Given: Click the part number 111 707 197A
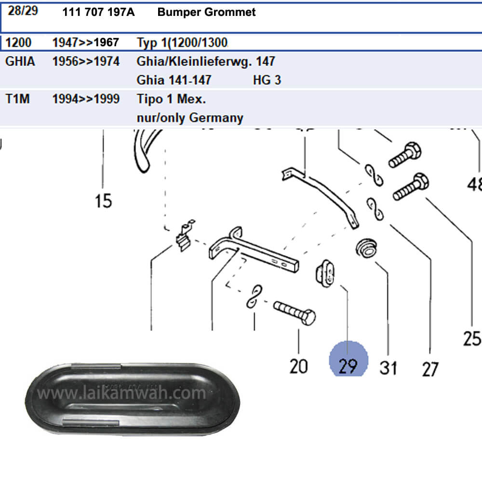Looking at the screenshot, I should pyautogui.click(x=98, y=13).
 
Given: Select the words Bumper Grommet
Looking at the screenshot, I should pyautogui.click(x=206, y=13).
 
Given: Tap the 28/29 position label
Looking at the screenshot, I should pyautogui.click(x=23, y=11).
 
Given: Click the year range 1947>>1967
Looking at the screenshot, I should pyautogui.click(x=85, y=42).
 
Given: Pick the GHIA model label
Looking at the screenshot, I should pyautogui.click(x=20, y=62).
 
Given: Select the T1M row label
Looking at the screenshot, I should pyautogui.click(x=17, y=99).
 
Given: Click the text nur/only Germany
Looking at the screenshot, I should pyautogui.click(x=190, y=118).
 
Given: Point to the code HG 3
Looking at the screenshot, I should pyautogui.click(x=267, y=80).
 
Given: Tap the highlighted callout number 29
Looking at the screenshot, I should pyautogui.click(x=348, y=366).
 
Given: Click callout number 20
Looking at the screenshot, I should pyautogui.click(x=298, y=366).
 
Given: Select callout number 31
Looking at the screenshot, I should pyautogui.click(x=388, y=368).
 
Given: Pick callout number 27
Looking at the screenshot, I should pyautogui.click(x=430, y=369).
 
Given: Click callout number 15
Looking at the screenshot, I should pyautogui.click(x=103, y=200).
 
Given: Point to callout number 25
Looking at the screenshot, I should pyautogui.click(x=472, y=339).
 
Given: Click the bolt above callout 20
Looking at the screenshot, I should pyautogui.click(x=295, y=312).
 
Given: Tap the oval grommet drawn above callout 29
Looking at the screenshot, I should pyautogui.click(x=324, y=273).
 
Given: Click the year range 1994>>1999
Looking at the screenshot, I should pyautogui.click(x=85, y=99).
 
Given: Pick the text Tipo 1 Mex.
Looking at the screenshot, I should pyautogui.click(x=171, y=99).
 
